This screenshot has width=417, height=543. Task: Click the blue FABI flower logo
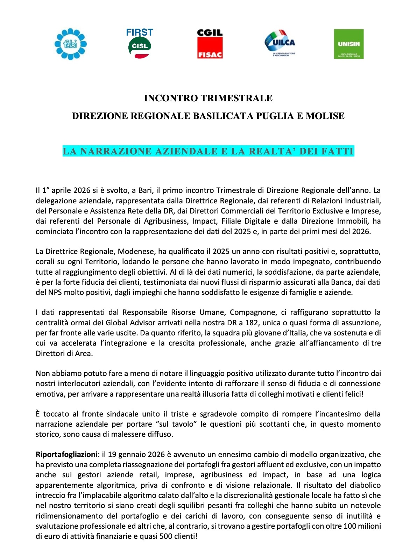click(x=71, y=44)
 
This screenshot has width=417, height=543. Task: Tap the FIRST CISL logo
click(x=140, y=43)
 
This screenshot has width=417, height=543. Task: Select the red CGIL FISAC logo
click(x=210, y=44)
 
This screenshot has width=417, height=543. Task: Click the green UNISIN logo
click(x=349, y=44)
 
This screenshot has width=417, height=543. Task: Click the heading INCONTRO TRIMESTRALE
click(x=208, y=98)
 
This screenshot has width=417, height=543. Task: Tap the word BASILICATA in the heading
click(x=223, y=116)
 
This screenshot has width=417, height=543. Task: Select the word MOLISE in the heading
click(x=325, y=116)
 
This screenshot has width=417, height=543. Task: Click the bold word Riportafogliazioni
click(x=66, y=455)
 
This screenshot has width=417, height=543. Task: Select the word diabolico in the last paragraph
click(x=364, y=485)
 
